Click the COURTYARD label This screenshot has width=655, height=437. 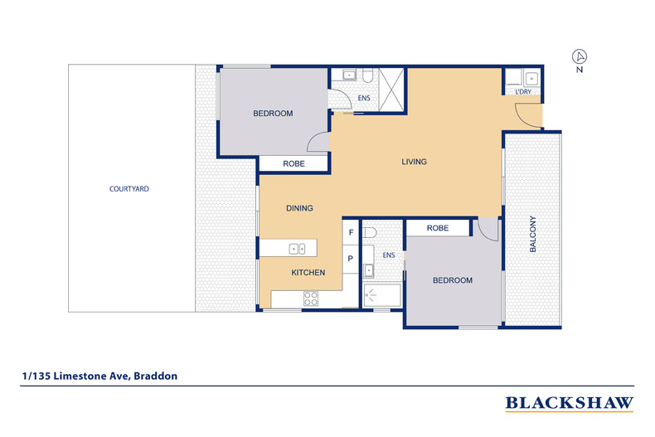(x=129, y=189)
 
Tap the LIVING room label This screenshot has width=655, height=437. (x=414, y=162)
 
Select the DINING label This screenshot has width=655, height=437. (x=299, y=208)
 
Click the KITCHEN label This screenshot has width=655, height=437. (x=307, y=273)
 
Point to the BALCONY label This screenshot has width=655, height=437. (x=534, y=234)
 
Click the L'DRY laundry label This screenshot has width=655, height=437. (x=523, y=92)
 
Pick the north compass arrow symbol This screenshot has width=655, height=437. (x=580, y=56)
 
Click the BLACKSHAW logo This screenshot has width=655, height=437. (x=570, y=403)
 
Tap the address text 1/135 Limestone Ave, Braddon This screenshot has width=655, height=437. (x=99, y=376)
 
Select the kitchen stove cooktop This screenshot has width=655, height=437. (x=312, y=299)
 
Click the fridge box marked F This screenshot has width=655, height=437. (x=351, y=233)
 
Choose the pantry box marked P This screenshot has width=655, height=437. (x=351, y=258)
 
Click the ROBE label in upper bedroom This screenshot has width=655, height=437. (x=294, y=164)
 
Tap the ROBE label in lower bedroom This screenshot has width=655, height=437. (x=438, y=228)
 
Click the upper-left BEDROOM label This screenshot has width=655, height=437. (x=273, y=114)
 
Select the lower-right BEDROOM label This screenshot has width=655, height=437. (x=453, y=281)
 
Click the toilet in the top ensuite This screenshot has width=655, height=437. (x=366, y=77)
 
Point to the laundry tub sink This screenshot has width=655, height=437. (x=531, y=79)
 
